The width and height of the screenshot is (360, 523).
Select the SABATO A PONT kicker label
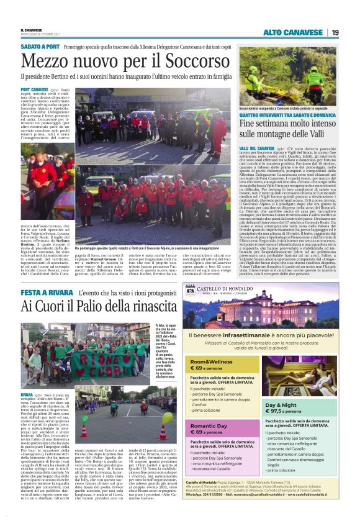point(40,47)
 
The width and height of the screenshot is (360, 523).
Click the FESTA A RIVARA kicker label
point(45,291)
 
